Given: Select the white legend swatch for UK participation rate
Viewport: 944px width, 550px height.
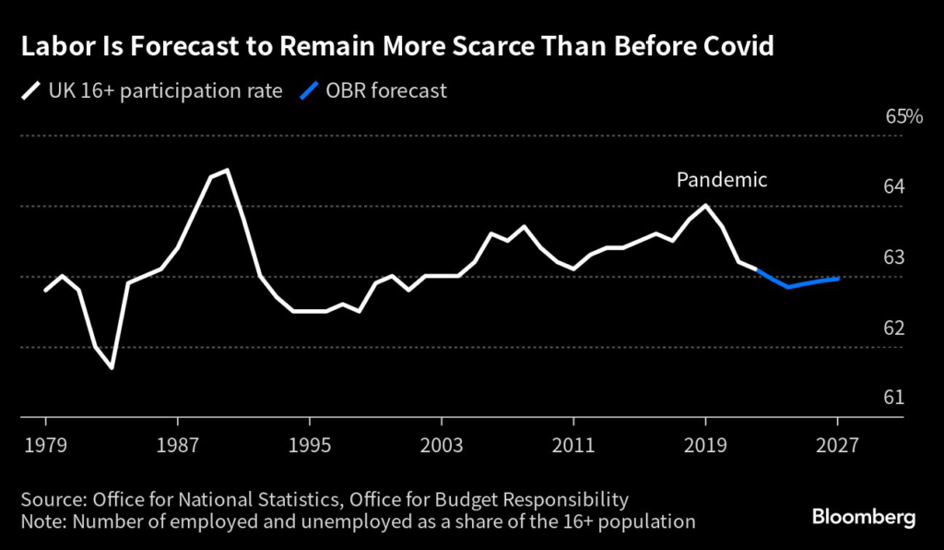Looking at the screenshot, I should (x=30, y=91).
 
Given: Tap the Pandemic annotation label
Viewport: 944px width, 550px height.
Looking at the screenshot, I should (x=722, y=180).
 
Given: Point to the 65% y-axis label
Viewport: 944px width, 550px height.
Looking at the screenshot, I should (x=903, y=117).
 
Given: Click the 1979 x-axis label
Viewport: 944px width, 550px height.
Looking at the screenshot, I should (x=45, y=443).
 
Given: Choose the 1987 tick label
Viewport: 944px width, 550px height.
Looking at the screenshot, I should (x=177, y=443).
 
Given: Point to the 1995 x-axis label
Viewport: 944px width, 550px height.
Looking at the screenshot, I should (x=309, y=443).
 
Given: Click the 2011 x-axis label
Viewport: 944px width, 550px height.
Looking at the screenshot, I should (x=573, y=443).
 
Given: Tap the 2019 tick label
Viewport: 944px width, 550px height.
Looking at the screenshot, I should (x=705, y=443).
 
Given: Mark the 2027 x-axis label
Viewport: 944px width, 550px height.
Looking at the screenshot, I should (x=837, y=443).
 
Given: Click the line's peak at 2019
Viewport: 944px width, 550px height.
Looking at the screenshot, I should (x=705, y=206).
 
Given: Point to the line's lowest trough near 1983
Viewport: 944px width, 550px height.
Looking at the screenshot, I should (x=112, y=368).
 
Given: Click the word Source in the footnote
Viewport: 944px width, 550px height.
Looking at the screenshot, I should (x=52, y=500).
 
